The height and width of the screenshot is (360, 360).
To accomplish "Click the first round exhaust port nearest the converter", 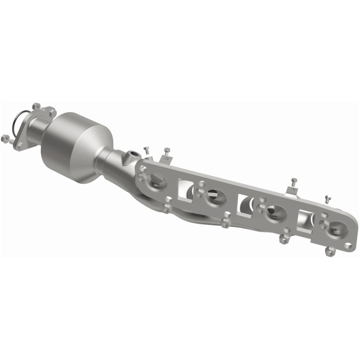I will point(157,180).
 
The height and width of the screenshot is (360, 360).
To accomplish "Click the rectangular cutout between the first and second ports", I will point(186,188).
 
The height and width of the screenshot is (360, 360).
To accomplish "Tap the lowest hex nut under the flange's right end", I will point(329,252).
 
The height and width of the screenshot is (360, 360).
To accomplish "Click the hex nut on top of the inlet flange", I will point(36,107).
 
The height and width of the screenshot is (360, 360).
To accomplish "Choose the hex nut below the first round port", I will point(166,208).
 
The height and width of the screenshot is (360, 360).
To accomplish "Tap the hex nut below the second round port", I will point(225,223).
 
